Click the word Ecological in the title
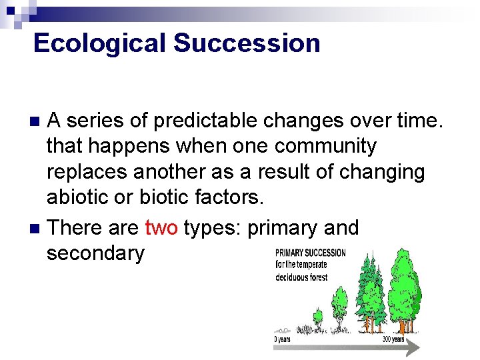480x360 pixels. [100, 43]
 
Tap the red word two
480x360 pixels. [161, 227]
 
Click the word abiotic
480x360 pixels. [76, 197]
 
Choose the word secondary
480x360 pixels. [95, 253]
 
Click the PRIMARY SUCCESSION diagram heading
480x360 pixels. [311, 253]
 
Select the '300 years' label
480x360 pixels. [393, 339]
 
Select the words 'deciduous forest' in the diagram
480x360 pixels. [302, 277]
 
